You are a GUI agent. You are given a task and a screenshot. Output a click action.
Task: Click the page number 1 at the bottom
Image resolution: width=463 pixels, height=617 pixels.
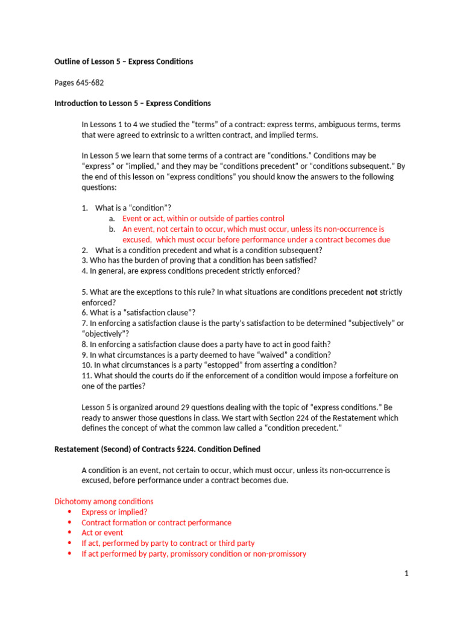coord(406,574)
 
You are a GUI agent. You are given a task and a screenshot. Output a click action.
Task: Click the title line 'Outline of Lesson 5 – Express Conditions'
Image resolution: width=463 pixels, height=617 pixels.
coord(124,61)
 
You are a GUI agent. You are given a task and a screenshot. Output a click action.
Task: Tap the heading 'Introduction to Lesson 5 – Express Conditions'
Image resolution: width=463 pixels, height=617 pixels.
coord(133,104)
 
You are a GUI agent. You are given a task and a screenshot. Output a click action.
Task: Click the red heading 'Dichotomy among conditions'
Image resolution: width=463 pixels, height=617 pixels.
coord(104,501)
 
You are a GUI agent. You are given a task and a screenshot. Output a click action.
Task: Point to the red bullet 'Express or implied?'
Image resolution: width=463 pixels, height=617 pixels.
coord(114,512)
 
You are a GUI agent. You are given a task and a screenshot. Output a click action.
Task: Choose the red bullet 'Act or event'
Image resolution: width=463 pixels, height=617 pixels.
coord(102,533)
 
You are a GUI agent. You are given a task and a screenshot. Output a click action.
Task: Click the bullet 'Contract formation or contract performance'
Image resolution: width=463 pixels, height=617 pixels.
coord(156,522)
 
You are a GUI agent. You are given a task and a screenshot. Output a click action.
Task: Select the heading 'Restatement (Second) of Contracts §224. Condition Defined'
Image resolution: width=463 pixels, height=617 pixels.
coord(157,449)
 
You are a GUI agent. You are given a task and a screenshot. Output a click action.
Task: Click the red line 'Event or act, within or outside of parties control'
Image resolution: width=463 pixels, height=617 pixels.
coord(203,219)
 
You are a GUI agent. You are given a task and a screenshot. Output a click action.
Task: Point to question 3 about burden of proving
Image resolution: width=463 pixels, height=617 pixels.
coord(199,260)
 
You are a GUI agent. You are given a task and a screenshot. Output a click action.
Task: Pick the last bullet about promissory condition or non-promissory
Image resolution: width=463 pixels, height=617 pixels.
coord(194,554)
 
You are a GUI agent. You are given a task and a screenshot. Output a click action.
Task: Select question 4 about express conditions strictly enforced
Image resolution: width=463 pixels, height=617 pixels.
coord(191,271)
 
